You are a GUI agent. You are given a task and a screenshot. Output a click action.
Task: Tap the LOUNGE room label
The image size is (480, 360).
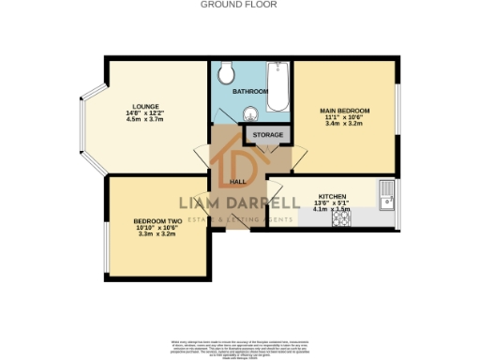click(x=145, y=106)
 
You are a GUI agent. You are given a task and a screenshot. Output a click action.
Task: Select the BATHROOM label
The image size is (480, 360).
click(x=250, y=91)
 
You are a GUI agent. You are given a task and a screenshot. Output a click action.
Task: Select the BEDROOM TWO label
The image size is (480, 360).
click(x=156, y=222)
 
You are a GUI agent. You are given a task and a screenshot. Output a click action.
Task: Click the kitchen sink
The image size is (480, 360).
click(x=387, y=196)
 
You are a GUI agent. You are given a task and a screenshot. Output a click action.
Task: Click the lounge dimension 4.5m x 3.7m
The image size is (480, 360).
click(x=145, y=120)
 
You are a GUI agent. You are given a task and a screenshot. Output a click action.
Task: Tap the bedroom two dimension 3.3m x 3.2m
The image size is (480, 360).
click(x=156, y=235)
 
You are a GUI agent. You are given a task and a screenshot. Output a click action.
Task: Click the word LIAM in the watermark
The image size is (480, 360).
click(x=202, y=203)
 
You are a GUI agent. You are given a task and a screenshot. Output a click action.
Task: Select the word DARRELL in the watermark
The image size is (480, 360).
click(x=265, y=203)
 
